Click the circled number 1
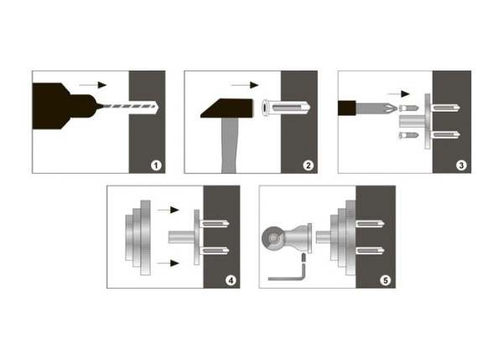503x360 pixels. (x=156, y=165)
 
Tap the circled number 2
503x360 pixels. (x=309, y=165)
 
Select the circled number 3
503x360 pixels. (x=461, y=165)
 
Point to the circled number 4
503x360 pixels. (x=231, y=280)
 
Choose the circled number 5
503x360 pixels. (x=386, y=280)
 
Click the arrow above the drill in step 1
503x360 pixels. (x=93, y=85)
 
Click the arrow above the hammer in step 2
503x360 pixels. (x=245, y=85)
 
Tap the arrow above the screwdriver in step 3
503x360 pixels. (x=399, y=94)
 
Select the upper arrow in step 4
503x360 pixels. (x=169, y=210)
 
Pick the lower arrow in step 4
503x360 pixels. (x=169, y=263)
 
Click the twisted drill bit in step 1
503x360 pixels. (x=128, y=107)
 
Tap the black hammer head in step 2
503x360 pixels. (x=227, y=108)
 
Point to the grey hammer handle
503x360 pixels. (x=229, y=145)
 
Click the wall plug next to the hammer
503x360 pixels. (x=286, y=108)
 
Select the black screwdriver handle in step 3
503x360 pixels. (x=347, y=108)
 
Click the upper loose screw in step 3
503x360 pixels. (x=409, y=107)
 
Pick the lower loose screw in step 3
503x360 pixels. (x=409, y=135)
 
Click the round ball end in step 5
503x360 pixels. (x=273, y=238)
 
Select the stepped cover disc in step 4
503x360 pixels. (x=138, y=237)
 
